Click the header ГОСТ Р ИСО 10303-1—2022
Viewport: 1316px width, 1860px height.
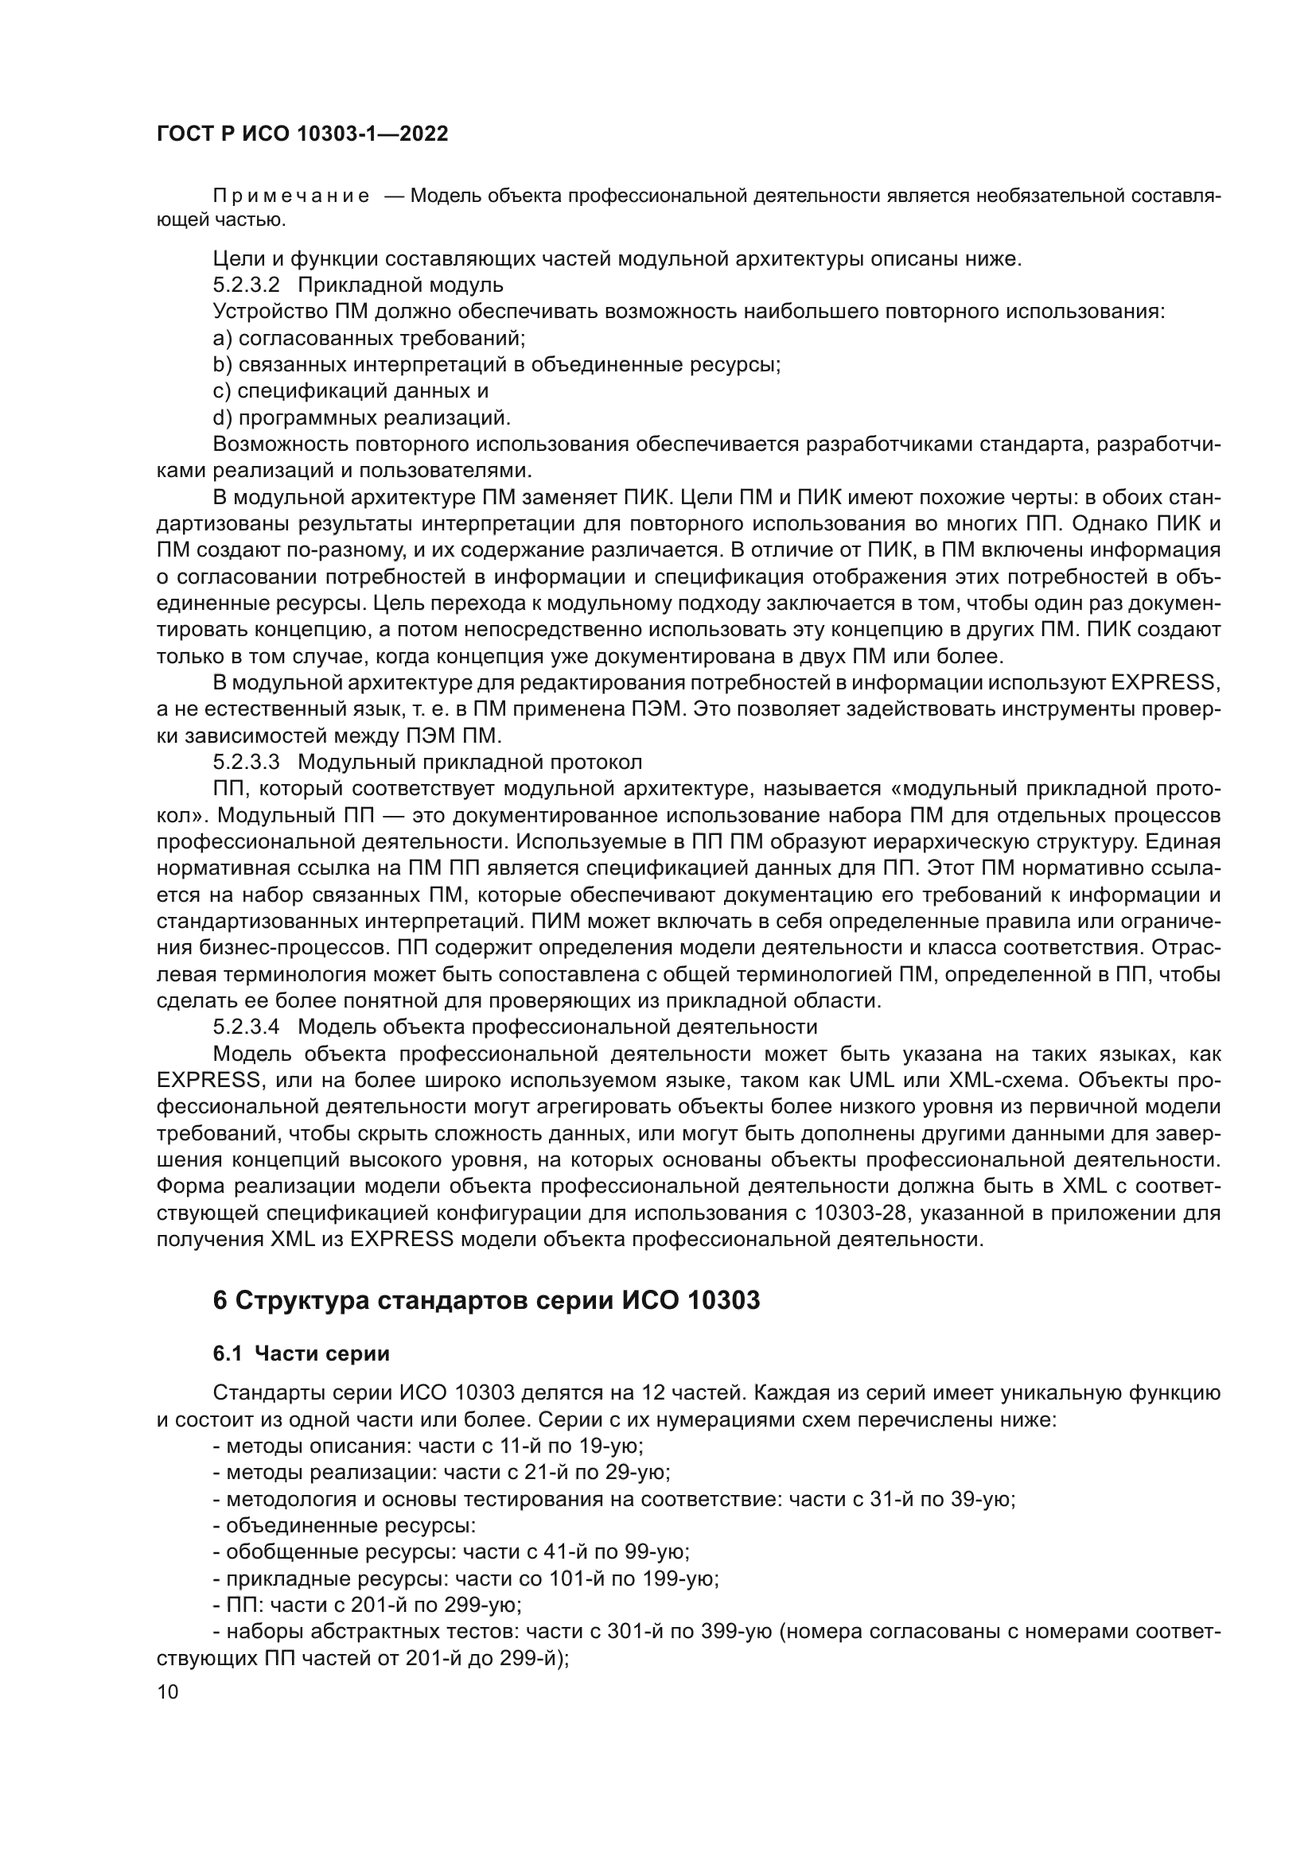pos(302,134)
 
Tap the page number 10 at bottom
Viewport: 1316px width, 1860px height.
pos(168,1691)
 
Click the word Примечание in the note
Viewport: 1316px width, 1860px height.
pos(291,196)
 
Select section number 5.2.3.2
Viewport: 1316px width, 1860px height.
pos(247,285)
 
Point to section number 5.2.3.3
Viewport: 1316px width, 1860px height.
pos(247,763)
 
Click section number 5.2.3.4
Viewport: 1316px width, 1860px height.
pos(247,1027)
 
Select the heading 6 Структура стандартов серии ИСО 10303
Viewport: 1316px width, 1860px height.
pos(486,1300)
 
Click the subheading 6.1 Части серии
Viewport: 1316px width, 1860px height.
pos(301,1353)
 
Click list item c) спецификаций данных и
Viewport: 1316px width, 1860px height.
pos(351,391)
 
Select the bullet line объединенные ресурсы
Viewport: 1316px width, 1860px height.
pos(345,1525)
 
